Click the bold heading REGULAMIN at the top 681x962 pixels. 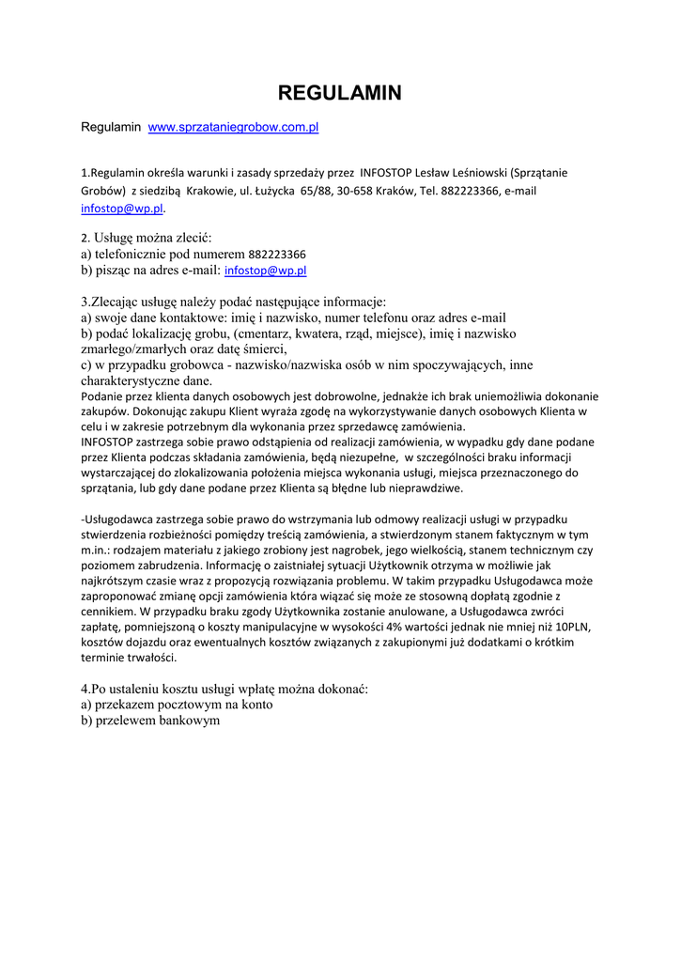tap(340, 92)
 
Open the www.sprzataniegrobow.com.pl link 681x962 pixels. tap(234, 126)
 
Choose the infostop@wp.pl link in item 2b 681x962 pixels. tap(265, 271)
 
